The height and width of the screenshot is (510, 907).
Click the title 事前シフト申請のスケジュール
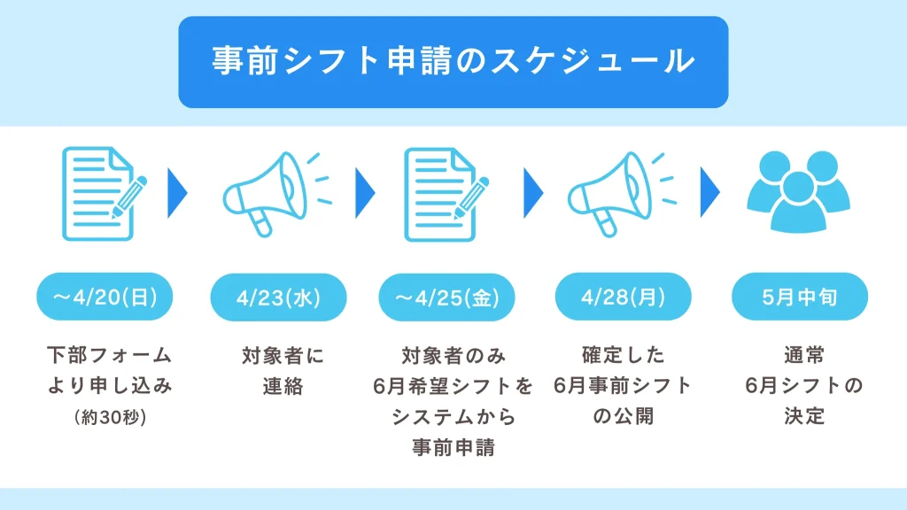(453, 61)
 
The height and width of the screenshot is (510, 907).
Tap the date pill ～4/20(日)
(105, 297)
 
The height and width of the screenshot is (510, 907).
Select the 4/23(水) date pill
(278, 297)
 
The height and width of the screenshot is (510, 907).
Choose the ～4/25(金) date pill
(446, 297)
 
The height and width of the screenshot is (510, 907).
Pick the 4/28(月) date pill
(623, 297)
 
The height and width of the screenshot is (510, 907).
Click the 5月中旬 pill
(800, 297)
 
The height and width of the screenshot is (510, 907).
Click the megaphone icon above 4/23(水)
(277, 194)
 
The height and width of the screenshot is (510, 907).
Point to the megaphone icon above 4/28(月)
(623, 194)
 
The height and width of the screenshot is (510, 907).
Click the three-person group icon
(798, 192)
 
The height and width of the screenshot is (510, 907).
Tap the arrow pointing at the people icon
(709, 192)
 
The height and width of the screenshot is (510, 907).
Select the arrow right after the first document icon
(177, 193)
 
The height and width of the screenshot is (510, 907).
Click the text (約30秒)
(110, 417)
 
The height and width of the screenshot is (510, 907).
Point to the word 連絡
(283, 386)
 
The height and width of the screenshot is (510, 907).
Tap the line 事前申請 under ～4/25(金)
(453, 447)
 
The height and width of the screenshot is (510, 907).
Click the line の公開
(623, 416)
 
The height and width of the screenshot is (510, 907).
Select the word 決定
(804, 416)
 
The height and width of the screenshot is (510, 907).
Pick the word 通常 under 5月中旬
(804, 354)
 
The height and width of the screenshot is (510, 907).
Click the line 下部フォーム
(110, 354)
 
